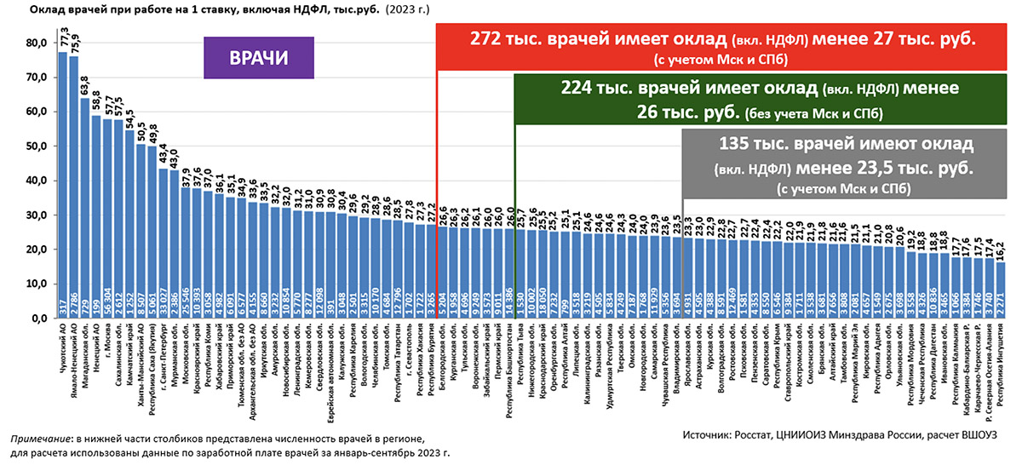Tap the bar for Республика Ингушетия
click(x=1002, y=290)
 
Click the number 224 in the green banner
click(x=579, y=89)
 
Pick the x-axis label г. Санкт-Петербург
click(x=164, y=359)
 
